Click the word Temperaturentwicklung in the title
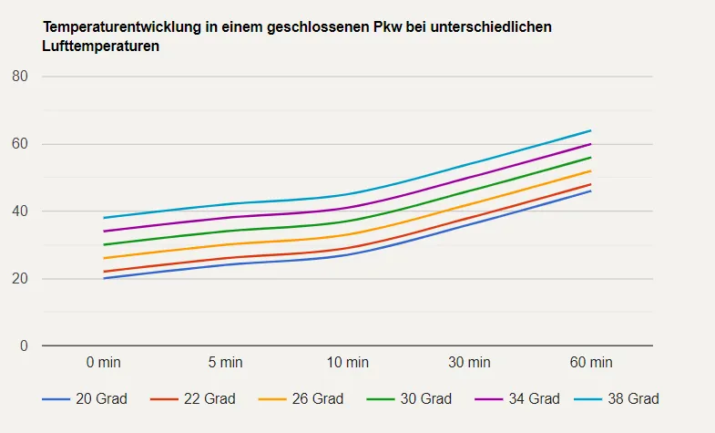(122, 26)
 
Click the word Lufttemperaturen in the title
(101, 46)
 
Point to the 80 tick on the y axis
(20, 77)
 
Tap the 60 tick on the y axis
(20, 144)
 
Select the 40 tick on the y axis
(20, 211)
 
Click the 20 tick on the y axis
(20, 279)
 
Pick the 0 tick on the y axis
(25, 346)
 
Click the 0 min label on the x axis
(103, 363)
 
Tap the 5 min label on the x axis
(225, 363)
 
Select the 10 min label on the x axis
(347, 363)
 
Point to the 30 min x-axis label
(469, 363)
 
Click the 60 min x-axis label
(591, 363)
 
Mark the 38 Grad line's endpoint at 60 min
(591, 130)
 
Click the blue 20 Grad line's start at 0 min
(104, 278)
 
